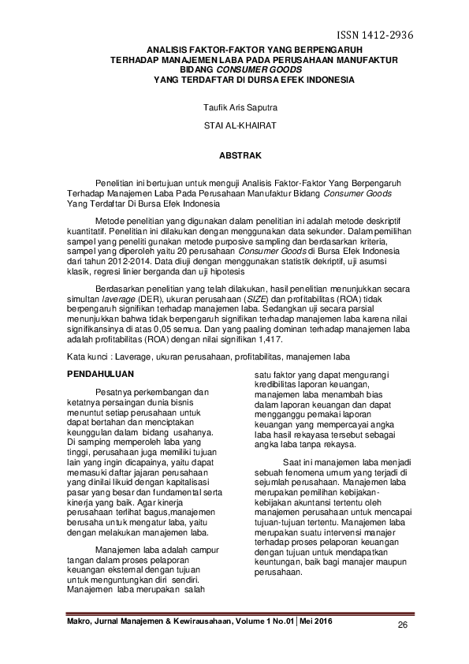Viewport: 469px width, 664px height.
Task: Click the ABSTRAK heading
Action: [234, 156]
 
